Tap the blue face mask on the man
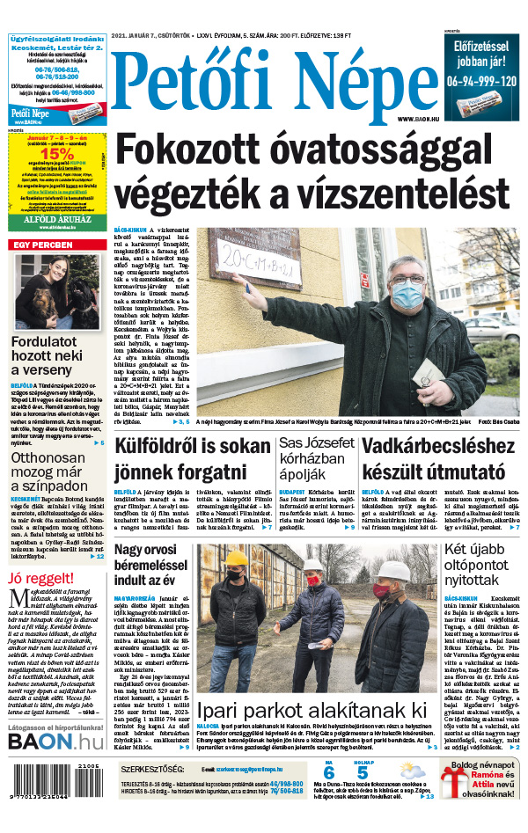coord(407,294)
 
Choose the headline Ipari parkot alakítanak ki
coord(312,711)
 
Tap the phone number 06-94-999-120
coord(479,80)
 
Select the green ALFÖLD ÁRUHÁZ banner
coord(56,223)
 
